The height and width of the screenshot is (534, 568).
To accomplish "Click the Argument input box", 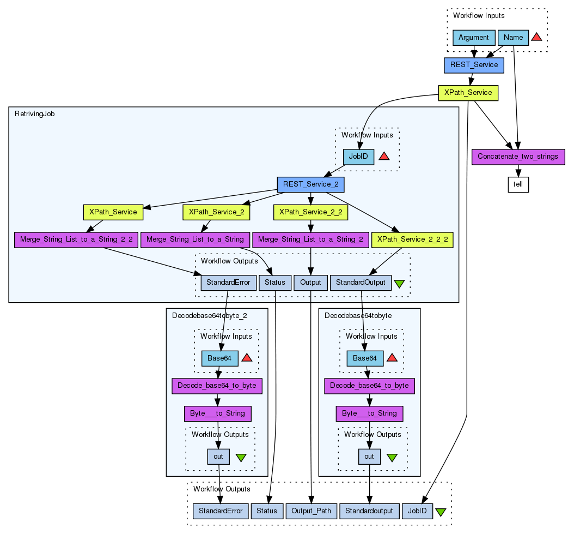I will click(x=474, y=38).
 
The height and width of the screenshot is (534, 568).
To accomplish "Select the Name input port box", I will click(x=513, y=38).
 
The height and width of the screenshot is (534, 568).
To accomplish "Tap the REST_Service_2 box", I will click(x=310, y=184).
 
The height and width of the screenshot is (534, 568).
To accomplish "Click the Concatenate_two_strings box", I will click(x=517, y=157).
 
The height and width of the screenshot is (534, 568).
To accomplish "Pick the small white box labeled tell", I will click(x=518, y=184).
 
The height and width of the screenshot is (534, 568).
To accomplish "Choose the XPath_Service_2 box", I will click(x=216, y=212).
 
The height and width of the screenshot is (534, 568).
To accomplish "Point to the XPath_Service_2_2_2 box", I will click(x=412, y=239).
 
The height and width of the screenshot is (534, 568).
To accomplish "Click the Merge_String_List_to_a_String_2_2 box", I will click(x=76, y=239).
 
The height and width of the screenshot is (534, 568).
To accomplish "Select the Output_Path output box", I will click(x=311, y=511).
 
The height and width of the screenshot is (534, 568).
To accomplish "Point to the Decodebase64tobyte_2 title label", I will click(x=201, y=315).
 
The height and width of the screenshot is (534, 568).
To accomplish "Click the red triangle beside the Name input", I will click(x=536, y=37).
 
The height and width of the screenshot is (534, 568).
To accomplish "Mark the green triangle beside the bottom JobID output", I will click(x=441, y=512).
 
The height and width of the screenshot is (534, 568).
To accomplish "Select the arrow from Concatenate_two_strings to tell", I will click(x=518, y=171).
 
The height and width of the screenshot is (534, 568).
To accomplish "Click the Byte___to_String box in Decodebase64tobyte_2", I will click(x=217, y=413).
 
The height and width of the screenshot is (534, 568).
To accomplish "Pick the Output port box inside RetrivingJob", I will click(x=311, y=283).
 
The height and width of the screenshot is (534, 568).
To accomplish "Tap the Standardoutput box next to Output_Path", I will click(x=369, y=511).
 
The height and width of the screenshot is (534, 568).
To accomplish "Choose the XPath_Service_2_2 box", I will click(x=310, y=212).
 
